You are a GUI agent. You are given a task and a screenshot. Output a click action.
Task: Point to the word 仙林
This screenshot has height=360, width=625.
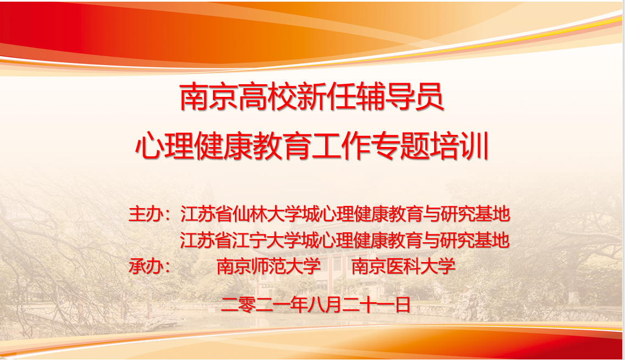point(250,214)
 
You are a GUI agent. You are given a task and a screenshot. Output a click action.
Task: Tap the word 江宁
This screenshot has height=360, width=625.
point(250,241)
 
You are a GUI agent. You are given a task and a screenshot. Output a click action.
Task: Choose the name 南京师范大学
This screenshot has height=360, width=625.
point(268,266)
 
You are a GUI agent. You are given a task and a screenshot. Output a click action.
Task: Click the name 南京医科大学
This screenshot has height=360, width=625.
point(403,266)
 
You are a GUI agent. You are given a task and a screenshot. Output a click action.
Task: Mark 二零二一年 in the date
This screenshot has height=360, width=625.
point(265,305)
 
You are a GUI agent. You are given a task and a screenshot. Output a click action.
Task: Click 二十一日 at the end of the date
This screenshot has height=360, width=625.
point(376,305)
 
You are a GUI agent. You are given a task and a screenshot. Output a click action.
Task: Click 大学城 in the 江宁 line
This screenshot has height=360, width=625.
point(293,241)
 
